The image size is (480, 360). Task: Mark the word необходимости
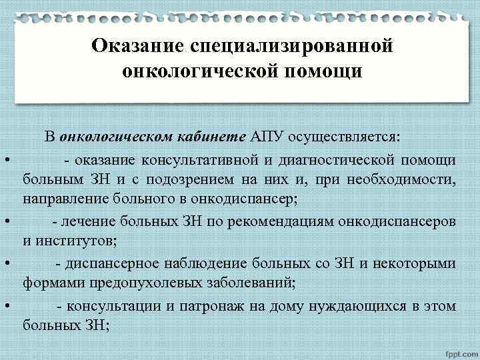(x=405, y=179)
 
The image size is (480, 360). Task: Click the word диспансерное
(x=117, y=263)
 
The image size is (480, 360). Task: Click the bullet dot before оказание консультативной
(x=5, y=160)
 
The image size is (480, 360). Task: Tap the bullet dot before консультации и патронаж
(x=5, y=306)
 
